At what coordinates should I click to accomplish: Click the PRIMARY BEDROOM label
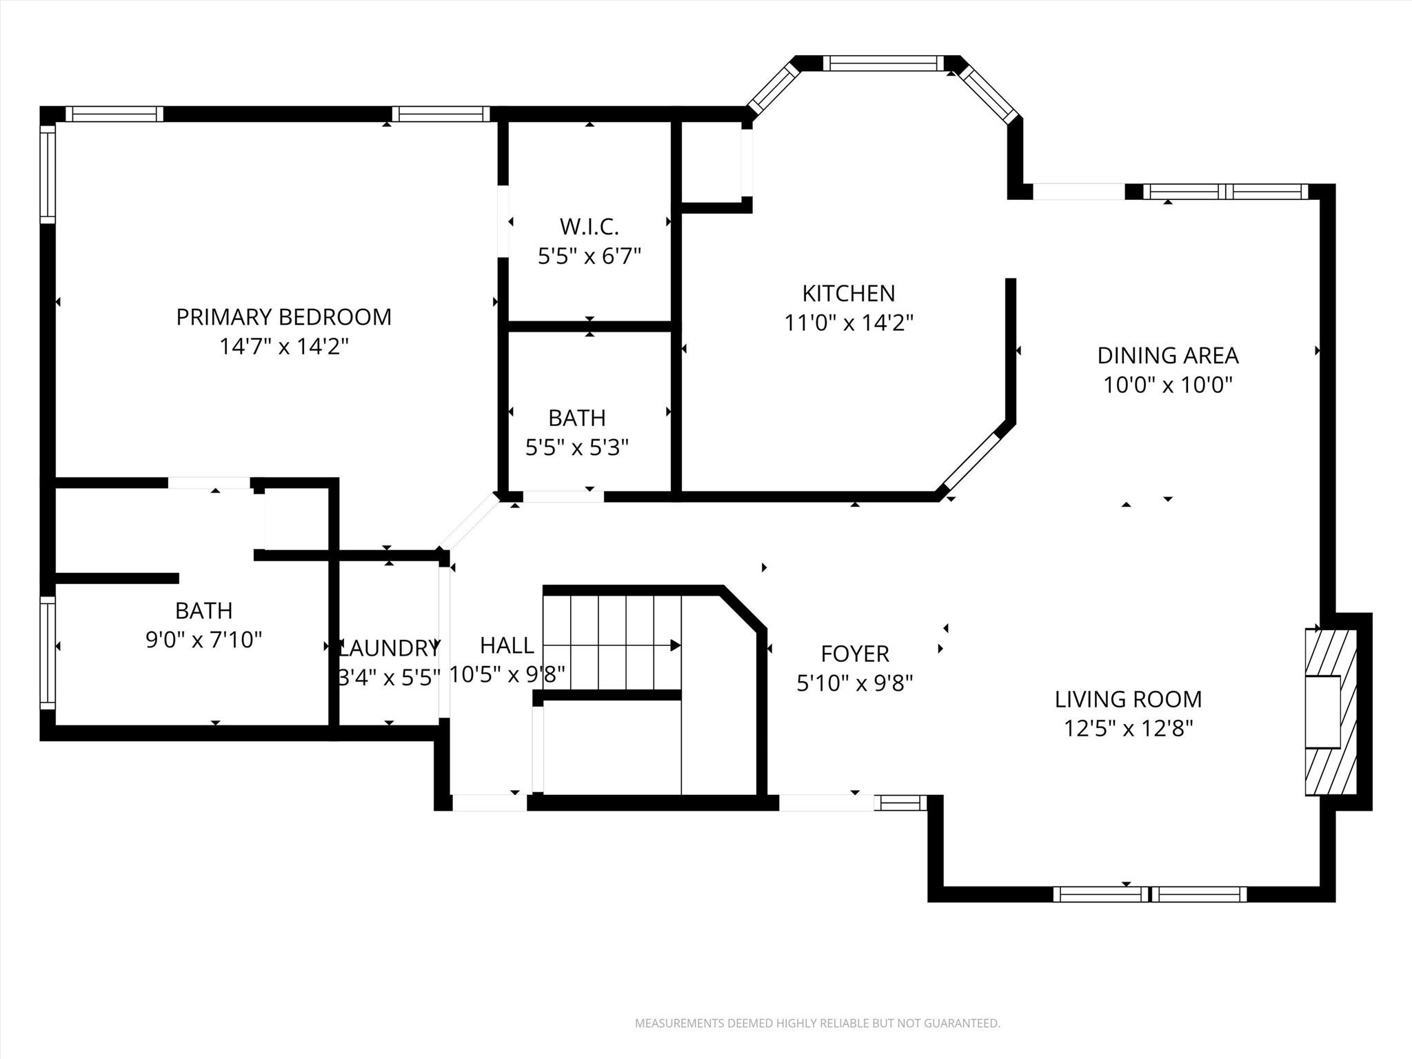click(283, 317)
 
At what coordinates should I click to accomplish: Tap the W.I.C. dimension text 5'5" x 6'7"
click(589, 256)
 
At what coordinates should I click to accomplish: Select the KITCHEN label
click(848, 294)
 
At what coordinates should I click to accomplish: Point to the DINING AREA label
click(1167, 356)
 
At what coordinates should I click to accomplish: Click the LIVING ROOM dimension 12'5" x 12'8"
click(1128, 729)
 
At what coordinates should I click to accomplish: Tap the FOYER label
click(854, 654)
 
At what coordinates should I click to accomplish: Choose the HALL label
click(507, 645)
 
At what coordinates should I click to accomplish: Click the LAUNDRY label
click(390, 648)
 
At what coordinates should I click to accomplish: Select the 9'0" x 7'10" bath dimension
click(203, 641)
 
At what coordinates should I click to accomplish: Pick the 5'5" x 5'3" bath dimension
click(576, 448)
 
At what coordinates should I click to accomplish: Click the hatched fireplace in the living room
click(1331, 712)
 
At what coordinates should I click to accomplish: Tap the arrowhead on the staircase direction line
click(676, 645)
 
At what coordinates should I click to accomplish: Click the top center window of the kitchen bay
click(882, 63)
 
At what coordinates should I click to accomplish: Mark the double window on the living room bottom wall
click(1149, 894)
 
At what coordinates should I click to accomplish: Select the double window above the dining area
click(1225, 192)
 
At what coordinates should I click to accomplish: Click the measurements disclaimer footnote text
click(817, 1023)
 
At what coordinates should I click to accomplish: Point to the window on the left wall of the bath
click(48, 652)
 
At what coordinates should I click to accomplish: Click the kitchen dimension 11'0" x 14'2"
click(848, 323)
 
